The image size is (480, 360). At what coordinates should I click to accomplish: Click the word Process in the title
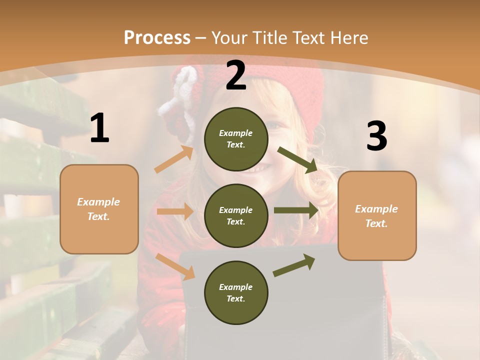[157, 37]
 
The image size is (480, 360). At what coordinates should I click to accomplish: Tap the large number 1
[99, 128]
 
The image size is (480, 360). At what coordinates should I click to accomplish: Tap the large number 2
[236, 75]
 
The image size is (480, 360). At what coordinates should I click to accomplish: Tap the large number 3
[376, 136]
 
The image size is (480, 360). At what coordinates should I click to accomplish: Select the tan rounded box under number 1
[99, 209]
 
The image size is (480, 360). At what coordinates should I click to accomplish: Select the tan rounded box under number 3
[377, 215]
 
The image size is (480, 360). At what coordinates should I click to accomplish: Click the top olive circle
[236, 139]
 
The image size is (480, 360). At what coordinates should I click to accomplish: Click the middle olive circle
[236, 215]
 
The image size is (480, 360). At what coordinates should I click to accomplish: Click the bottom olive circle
[236, 292]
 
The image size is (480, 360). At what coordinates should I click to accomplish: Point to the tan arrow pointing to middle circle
[175, 211]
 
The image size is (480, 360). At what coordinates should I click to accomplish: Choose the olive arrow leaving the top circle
[297, 160]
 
